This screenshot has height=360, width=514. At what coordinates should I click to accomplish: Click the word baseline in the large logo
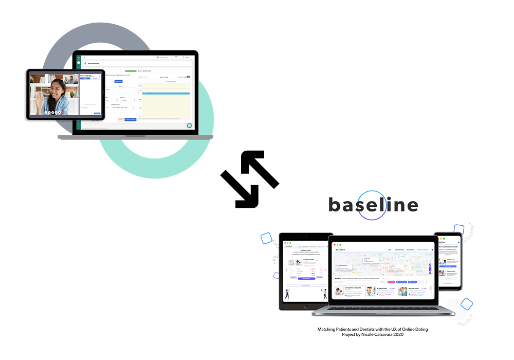coord(373,205)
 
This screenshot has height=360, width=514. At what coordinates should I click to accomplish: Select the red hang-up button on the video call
coord(63,112)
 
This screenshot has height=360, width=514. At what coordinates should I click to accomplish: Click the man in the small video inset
coord(69,80)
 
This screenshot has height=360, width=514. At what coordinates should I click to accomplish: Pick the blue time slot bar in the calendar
coord(166,93)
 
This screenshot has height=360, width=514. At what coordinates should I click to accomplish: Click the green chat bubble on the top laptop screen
coord(189,125)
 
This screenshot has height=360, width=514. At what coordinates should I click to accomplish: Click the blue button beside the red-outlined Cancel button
coord(131,119)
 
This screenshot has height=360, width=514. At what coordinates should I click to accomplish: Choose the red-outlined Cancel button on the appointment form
coord(121,119)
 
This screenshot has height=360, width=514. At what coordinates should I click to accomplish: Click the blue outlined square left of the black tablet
coord(266,238)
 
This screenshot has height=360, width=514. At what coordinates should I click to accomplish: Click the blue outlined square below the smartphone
coord(466,304)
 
